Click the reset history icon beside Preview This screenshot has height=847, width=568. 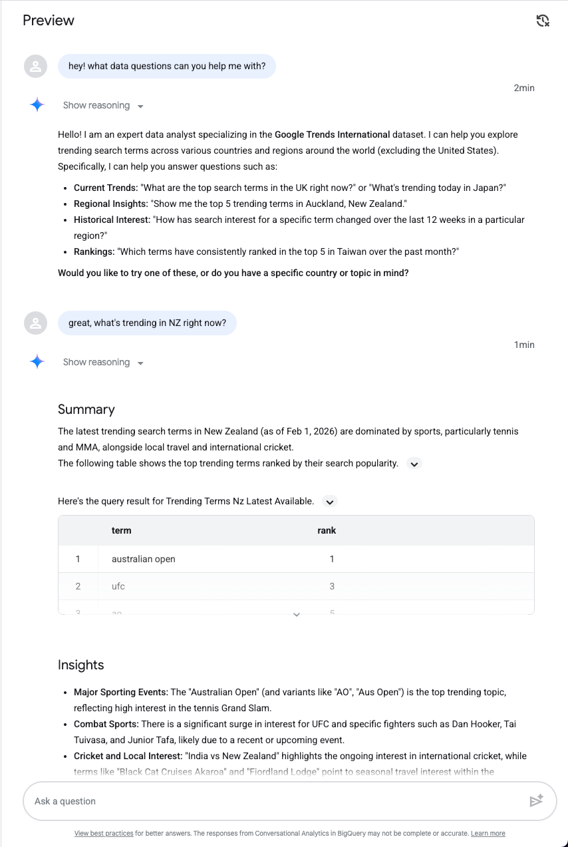pyautogui.click(x=543, y=21)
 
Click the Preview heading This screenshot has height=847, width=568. pyautogui.click(x=49, y=21)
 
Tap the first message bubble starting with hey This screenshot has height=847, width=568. pyautogui.click(x=167, y=67)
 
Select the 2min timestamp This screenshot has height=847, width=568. pyautogui.click(x=524, y=88)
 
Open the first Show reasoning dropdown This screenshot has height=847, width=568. pyautogui.click(x=103, y=106)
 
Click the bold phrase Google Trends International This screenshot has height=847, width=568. pyautogui.click(x=332, y=134)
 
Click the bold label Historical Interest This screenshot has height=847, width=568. pyautogui.click(x=111, y=220)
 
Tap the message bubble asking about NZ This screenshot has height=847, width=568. pyautogui.click(x=147, y=323)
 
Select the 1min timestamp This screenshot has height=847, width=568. pyautogui.click(x=524, y=345)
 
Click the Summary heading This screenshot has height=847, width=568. pyautogui.click(x=86, y=409)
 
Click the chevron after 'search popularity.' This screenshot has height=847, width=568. pyautogui.click(x=414, y=464)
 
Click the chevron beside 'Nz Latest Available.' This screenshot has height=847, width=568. pyautogui.click(x=330, y=502)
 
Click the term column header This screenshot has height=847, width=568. pyautogui.click(x=121, y=530)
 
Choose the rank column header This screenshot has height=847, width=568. pyautogui.click(x=327, y=530)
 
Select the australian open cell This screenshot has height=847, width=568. pyautogui.click(x=144, y=559)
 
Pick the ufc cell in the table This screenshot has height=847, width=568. pyautogui.click(x=118, y=586)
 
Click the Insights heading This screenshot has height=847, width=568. pyautogui.click(x=81, y=665)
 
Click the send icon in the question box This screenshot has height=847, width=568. pyautogui.click(x=536, y=801)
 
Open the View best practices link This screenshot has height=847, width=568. pyautogui.click(x=104, y=833)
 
